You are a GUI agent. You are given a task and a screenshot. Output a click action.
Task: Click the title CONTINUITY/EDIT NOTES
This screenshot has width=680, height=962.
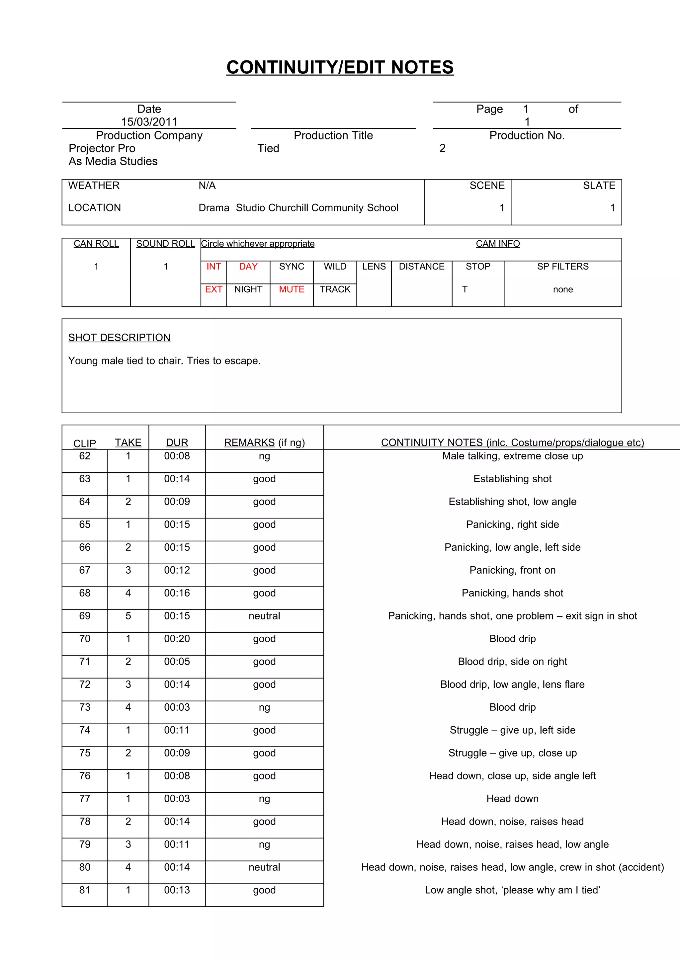[340, 67]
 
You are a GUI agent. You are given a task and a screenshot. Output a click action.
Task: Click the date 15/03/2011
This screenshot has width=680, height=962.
[149, 122]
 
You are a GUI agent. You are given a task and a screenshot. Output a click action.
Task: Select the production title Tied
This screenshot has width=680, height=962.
[268, 148]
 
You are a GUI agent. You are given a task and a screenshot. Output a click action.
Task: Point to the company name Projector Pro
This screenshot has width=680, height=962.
[102, 148]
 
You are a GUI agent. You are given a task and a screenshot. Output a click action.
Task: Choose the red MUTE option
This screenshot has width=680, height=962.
[292, 289]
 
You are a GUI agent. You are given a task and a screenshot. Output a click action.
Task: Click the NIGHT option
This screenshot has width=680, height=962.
[248, 289]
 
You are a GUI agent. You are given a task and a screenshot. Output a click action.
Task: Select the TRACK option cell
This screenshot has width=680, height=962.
[335, 289]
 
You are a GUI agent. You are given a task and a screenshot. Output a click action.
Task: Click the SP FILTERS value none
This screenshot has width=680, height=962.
[563, 289]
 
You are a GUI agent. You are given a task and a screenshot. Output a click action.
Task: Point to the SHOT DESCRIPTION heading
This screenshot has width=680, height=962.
[120, 338]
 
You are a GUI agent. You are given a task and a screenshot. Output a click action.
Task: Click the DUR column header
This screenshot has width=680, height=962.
[177, 442]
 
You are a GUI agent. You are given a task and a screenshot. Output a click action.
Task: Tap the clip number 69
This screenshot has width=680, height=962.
[85, 616]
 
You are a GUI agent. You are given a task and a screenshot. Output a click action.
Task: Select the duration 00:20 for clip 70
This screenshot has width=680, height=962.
[177, 639]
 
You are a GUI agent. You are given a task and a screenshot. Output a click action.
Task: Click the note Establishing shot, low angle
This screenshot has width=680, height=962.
[512, 502]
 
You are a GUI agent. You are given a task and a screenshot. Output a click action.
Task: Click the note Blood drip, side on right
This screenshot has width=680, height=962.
[512, 662]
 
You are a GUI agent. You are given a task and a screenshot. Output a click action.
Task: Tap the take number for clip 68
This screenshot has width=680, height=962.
[128, 593]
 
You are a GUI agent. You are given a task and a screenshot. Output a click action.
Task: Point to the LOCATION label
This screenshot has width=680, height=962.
[95, 208]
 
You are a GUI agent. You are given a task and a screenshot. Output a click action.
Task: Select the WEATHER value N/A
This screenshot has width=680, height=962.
[207, 186]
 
